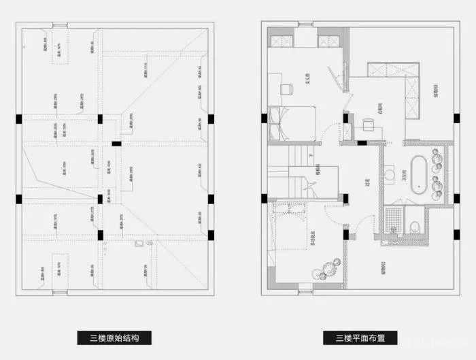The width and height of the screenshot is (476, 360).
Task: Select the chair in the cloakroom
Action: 367,123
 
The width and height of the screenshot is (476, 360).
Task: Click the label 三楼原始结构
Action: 114,338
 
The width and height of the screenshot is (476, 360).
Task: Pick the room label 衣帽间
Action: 371,108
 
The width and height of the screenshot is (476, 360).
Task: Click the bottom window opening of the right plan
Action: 304,294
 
